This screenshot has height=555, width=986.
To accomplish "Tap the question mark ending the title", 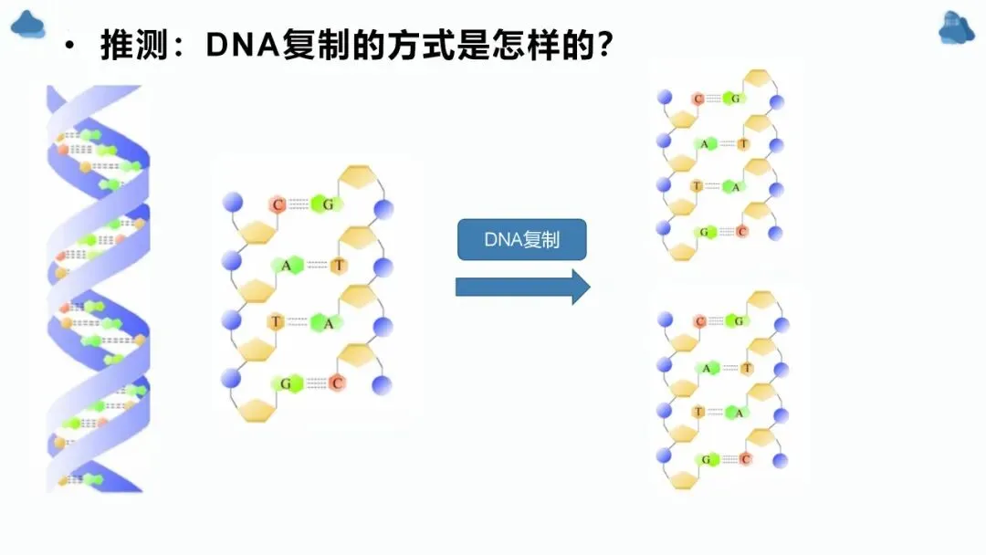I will (x=602, y=45).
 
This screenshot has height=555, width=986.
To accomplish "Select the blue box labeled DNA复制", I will (x=521, y=241).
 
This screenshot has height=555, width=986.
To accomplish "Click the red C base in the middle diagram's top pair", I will (x=278, y=204).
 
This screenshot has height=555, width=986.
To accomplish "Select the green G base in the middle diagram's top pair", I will (x=327, y=204).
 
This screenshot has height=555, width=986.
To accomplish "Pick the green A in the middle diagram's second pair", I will (x=286, y=266).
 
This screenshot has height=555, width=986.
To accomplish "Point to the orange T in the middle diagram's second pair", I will (x=339, y=266).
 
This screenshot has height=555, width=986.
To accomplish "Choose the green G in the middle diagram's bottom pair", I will (x=286, y=383).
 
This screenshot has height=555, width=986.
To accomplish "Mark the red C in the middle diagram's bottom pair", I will (x=336, y=383).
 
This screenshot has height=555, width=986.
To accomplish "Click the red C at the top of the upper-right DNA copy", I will (x=699, y=99).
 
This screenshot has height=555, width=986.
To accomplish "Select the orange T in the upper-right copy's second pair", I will (x=743, y=143).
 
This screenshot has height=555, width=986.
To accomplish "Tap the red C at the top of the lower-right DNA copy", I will (x=701, y=321).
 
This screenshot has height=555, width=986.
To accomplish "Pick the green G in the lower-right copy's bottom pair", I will (x=705, y=459).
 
